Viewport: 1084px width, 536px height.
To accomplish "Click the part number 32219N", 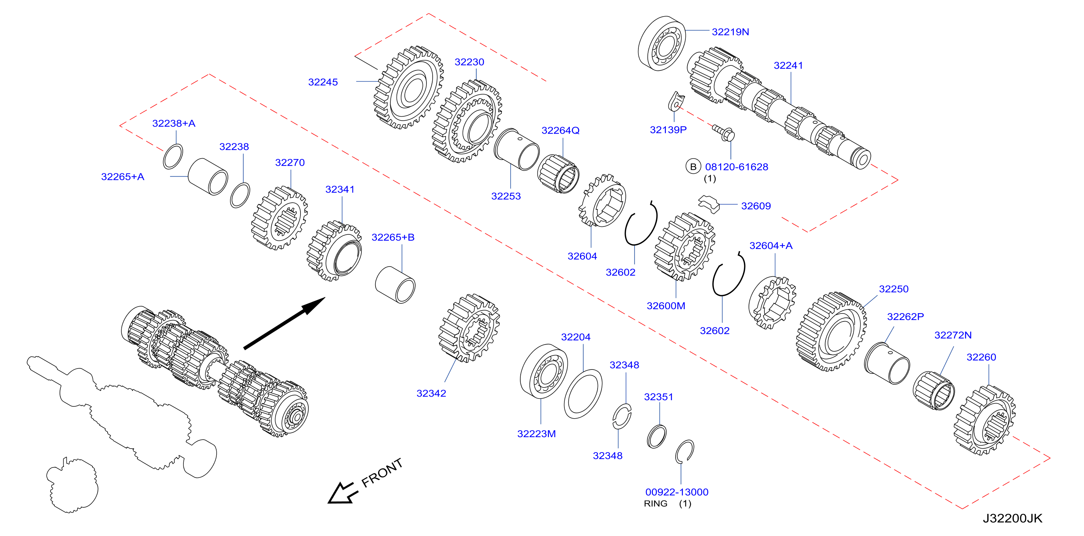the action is (730, 32).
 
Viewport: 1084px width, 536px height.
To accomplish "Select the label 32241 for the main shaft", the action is (788, 66).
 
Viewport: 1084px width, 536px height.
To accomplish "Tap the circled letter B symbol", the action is (693, 167).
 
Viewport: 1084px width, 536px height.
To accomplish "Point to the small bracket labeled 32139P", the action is (676, 102).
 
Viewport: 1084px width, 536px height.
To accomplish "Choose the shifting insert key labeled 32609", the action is (709, 203).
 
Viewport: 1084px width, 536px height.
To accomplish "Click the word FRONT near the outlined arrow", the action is (382, 473).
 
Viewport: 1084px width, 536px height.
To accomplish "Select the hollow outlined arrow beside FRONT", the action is (342, 493).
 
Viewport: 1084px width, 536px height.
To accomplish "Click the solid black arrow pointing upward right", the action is (284, 323).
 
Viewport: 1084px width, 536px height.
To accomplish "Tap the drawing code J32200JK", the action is (1013, 518).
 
